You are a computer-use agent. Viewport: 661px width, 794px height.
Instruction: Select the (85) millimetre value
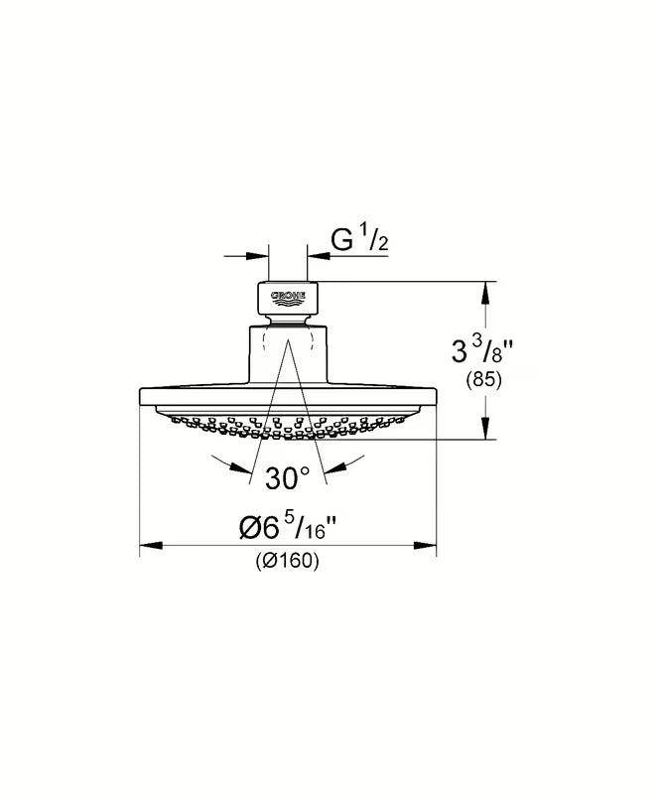[483, 379]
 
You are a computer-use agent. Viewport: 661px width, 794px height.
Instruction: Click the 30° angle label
[288, 478]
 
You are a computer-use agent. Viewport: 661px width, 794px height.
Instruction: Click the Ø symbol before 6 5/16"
[251, 529]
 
